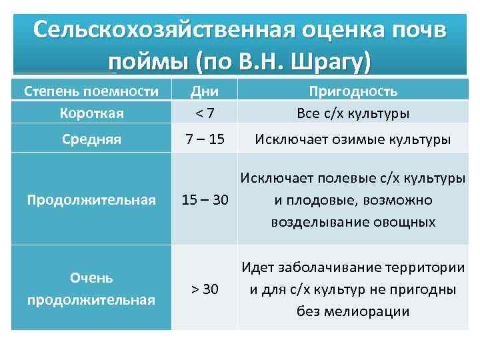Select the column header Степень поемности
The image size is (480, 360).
(91, 91)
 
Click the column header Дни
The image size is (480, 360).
(205, 91)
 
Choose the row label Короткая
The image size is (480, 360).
(91, 113)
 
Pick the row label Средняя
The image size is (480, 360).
(91, 141)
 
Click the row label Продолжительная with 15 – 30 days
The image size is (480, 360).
(91, 200)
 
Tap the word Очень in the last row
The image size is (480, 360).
(91, 277)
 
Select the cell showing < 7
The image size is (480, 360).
(205, 113)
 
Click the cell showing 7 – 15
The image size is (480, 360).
(205, 141)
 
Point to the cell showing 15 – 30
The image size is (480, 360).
(205, 200)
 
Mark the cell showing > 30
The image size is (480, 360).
(205, 289)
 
